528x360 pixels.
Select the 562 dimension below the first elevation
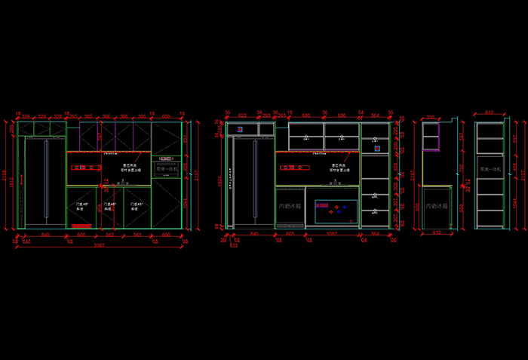[109, 234]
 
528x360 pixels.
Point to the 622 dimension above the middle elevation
[242, 115]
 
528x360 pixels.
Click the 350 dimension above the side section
[431, 117]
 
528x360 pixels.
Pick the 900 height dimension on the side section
[417, 207]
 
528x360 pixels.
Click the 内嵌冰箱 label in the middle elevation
[290, 205]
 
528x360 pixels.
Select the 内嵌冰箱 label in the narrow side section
[436, 205]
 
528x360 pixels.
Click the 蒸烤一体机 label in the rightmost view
[489, 169]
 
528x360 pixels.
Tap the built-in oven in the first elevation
[165, 169]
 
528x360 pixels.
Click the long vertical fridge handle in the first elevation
[46, 181]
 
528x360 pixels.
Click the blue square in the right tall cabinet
[377, 149]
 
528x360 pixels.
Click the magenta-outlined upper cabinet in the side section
[431, 137]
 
